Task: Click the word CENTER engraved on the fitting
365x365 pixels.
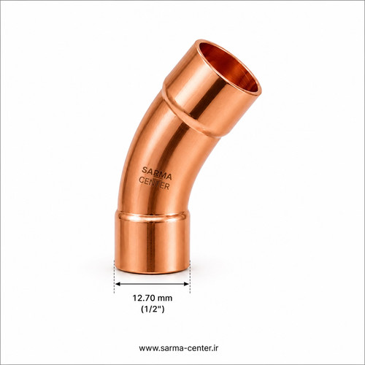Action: (154, 183)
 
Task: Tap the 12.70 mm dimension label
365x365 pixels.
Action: (153, 298)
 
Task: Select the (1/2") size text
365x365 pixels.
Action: (153, 309)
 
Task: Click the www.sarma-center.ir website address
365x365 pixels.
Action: (179, 348)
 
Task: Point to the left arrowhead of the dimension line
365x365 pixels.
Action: (118, 284)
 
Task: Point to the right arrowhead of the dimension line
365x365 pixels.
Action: (187, 284)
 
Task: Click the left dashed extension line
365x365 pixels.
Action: (115, 277)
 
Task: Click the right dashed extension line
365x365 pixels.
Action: (190, 277)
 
